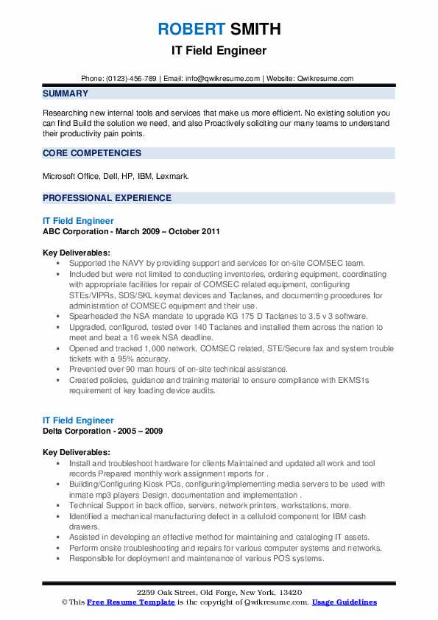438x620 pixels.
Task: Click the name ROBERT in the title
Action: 190,29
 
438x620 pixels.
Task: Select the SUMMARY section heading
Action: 66,94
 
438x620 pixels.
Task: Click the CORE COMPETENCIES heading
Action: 92,153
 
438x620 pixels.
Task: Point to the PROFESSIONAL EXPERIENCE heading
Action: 107,198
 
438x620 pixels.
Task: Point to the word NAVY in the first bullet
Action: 133,263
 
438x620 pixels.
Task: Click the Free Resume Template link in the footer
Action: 123,602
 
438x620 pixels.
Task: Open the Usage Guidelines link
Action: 344,602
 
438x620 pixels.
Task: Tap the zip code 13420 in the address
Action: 289,593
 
